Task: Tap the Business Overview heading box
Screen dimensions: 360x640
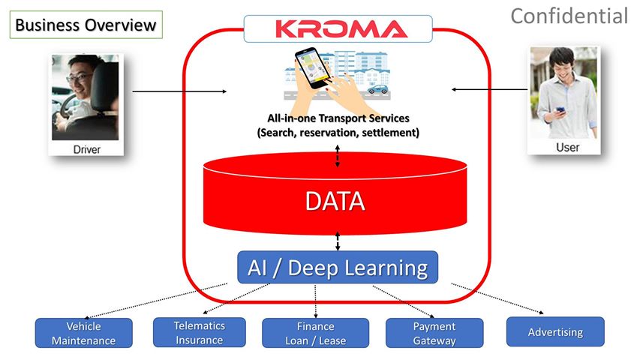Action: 86,25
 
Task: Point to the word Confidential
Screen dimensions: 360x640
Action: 569,15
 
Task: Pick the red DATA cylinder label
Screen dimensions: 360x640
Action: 335,201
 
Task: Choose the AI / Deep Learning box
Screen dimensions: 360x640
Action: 338,267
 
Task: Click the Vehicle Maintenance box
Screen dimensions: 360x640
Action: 83,333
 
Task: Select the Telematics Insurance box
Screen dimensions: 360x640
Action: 199,332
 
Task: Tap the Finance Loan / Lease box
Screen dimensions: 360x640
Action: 315,333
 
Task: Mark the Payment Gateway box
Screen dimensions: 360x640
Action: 434,333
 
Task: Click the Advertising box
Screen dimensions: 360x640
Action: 554,331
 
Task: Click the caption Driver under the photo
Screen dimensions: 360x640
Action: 86,149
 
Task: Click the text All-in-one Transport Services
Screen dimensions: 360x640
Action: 338,118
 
